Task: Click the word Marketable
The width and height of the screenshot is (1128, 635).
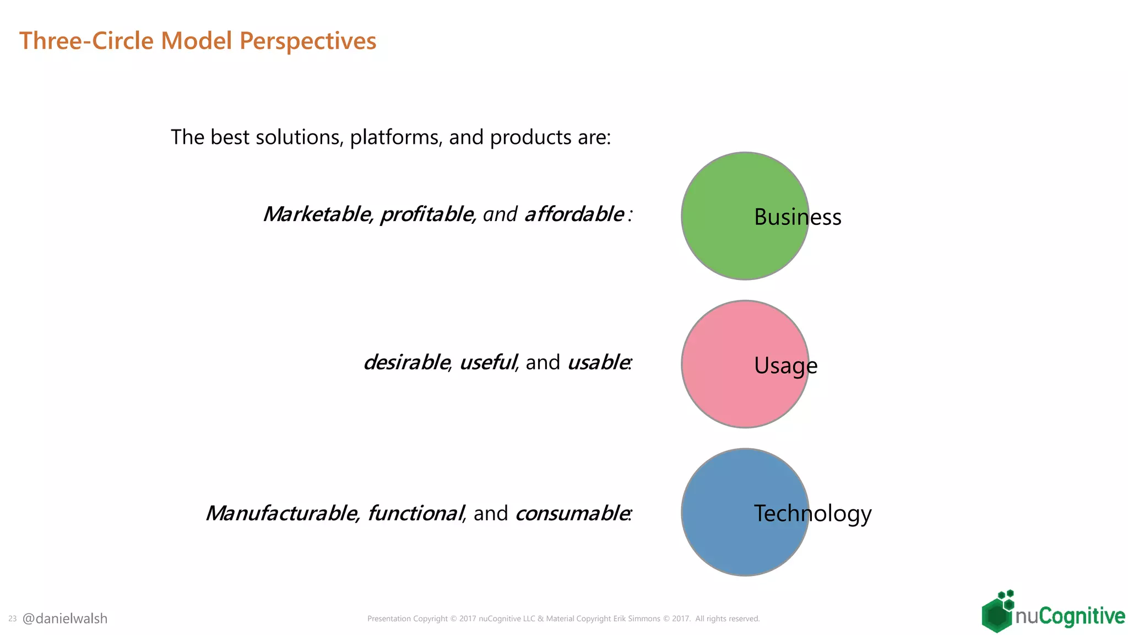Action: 317,214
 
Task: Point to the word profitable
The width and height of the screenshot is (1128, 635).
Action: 426,214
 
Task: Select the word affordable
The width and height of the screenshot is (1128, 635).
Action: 574,214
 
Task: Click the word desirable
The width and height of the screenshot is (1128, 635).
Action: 406,362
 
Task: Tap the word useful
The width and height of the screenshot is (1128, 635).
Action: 487,362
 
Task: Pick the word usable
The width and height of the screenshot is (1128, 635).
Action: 598,362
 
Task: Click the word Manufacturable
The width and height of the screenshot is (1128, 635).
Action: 281,513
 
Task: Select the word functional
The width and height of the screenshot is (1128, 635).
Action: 415,513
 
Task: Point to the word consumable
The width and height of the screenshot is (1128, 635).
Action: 572,513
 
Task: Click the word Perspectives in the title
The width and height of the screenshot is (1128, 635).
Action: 308,41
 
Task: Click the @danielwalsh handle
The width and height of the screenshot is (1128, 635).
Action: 65,618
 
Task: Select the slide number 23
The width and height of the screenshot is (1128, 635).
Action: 13,619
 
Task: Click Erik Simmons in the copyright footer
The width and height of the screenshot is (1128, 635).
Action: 637,619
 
